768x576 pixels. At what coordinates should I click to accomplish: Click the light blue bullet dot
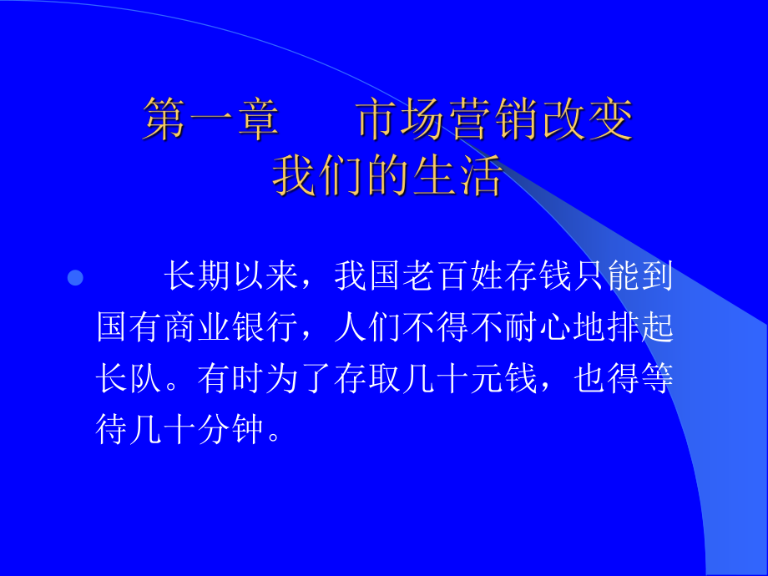[75, 278]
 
